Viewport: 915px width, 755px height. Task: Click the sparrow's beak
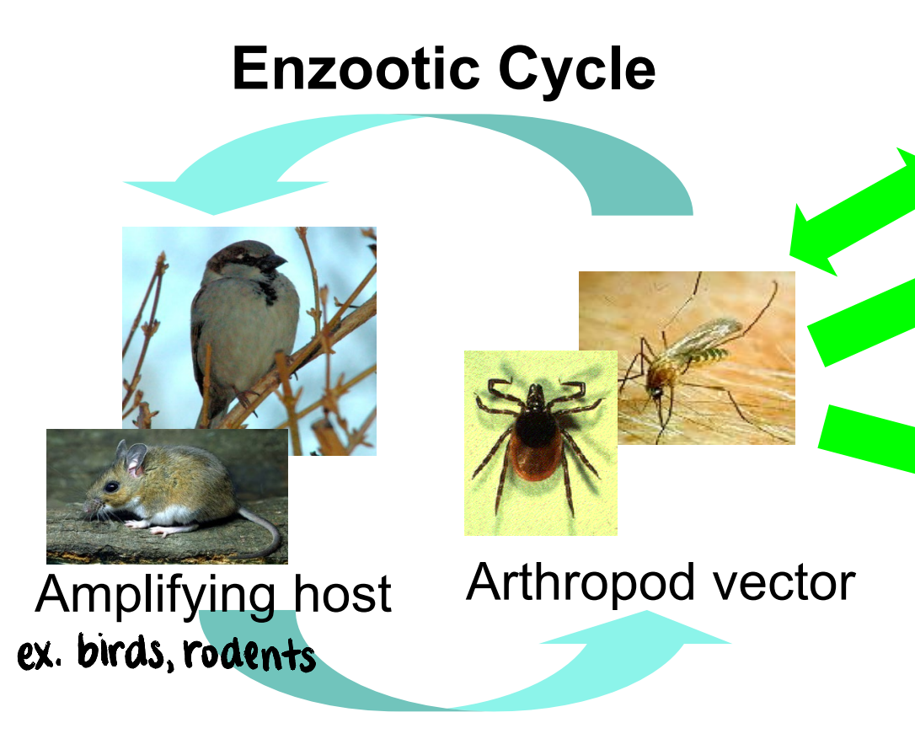[x=277, y=262]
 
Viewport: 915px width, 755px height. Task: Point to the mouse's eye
[x=112, y=487]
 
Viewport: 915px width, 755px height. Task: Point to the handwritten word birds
[x=123, y=653]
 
